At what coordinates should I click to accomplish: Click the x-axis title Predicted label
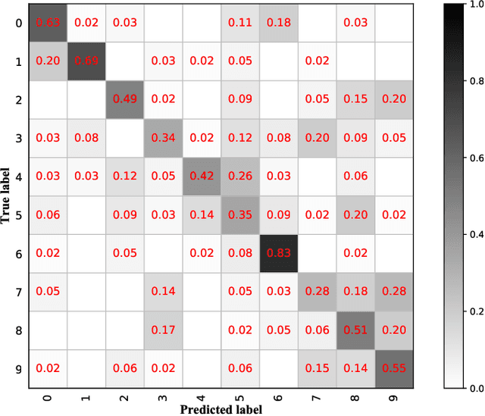222,410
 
